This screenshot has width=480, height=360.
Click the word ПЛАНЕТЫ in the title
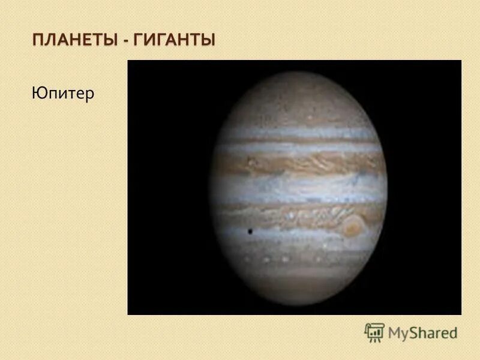pyautogui.click(x=74, y=41)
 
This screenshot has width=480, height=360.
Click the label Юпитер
pyautogui.click(x=62, y=94)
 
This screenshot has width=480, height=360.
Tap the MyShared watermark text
pyautogui.click(x=422, y=332)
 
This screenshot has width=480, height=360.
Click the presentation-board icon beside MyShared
pyautogui.click(x=374, y=332)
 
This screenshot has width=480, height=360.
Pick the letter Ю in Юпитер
pyautogui.click(x=38, y=94)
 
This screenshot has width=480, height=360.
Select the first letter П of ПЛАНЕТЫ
pyautogui.click(x=38, y=41)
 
